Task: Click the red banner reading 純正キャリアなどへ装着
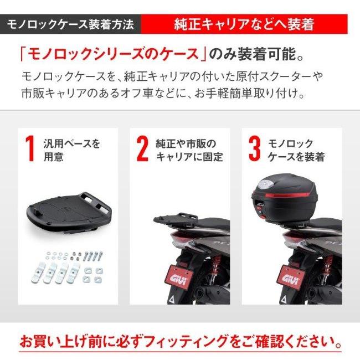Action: [244, 25]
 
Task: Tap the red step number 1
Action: [30, 150]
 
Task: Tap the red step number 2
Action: [142, 150]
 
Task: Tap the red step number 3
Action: [254, 150]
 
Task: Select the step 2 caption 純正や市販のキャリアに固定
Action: [188, 150]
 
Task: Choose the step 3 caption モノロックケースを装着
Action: [296, 150]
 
